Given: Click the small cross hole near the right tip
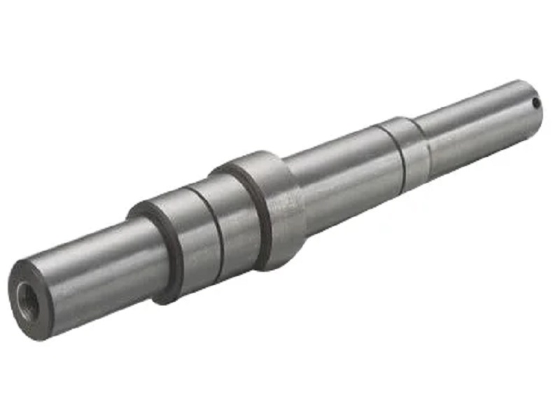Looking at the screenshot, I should [535, 104].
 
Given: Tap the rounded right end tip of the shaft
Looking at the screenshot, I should [541, 112].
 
